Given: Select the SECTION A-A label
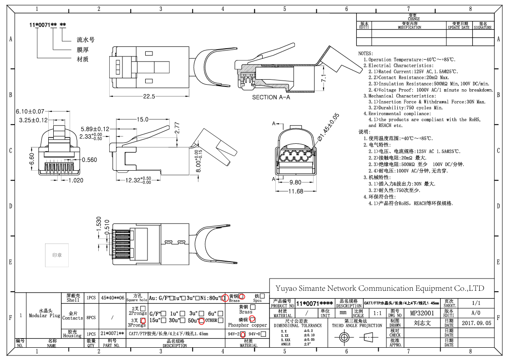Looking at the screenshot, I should pyautogui.click(x=271, y=97).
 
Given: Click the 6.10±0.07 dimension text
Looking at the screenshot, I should pyautogui.click(x=30, y=112).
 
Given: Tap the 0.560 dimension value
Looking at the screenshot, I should pyautogui.click(x=90, y=160).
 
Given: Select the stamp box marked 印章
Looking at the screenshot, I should pyautogui.click(x=57, y=255).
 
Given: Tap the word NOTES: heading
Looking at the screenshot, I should pyautogui.click(x=366, y=54).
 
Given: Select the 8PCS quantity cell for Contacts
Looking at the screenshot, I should pyautogui.click(x=91, y=315).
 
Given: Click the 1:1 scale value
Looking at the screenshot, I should pyautogui.click(x=377, y=313).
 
